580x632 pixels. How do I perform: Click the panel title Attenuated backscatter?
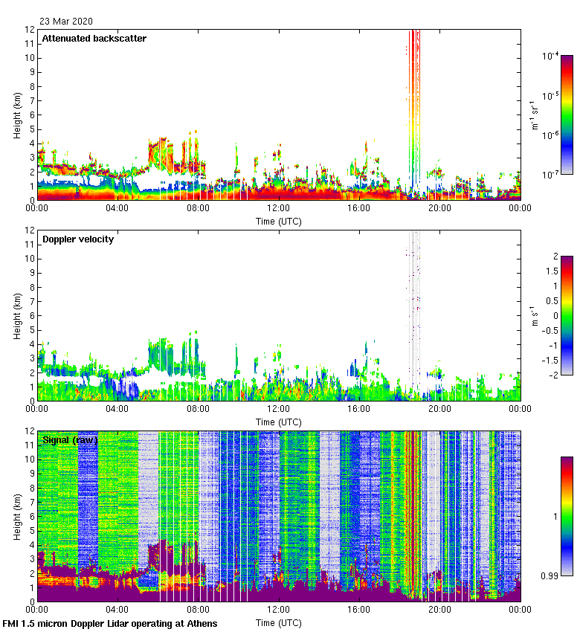[x=94, y=39]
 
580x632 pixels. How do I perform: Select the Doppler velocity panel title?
[x=77, y=239]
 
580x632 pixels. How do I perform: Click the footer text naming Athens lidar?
[x=110, y=623]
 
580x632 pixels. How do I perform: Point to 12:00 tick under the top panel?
[x=279, y=208]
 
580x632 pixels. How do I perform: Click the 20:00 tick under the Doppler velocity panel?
[x=439, y=409]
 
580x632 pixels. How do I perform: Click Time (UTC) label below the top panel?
[x=279, y=221]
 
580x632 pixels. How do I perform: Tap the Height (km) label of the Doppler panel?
[x=16, y=315]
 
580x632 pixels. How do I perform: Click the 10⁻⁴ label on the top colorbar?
[x=551, y=57]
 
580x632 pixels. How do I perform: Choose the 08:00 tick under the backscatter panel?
[x=198, y=208]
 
